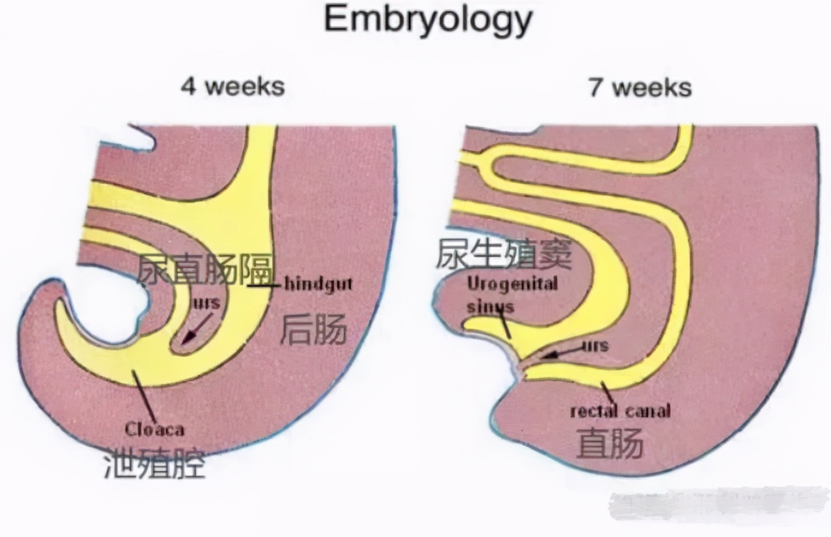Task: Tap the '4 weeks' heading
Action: click(232, 86)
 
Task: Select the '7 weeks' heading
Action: click(639, 87)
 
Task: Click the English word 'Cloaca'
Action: click(155, 429)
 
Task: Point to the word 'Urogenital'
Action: click(512, 283)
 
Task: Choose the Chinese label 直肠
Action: click(610, 444)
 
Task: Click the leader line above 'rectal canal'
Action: click(608, 391)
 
